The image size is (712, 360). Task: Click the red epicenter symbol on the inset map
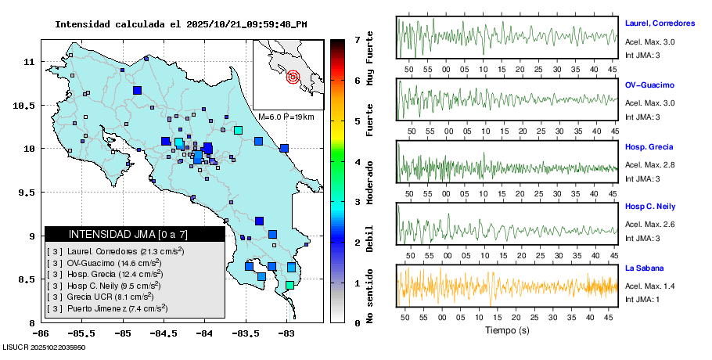click(293, 77)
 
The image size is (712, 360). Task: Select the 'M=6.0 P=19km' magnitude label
click(286, 117)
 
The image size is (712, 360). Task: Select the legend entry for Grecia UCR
click(102, 297)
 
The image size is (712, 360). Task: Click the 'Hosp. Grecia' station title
click(649, 147)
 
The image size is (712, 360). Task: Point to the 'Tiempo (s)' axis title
click(507, 330)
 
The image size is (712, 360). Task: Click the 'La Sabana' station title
click(645, 268)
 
